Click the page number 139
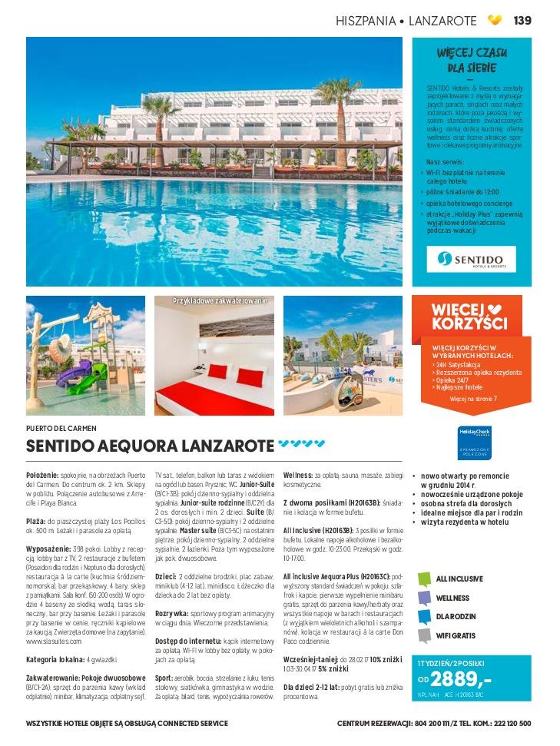(x=522, y=20)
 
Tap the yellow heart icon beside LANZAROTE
(x=495, y=20)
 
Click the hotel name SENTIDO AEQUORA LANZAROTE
(x=150, y=446)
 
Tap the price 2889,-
(x=461, y=678)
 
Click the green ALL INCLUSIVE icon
(x=424, y=579)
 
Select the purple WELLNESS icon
(x=424, y=598)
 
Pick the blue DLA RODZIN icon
(x=424, y=616)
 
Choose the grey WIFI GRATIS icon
(x=424, y=635)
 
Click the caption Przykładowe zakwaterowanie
(x=219, y=300)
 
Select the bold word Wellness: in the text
(x=297, y=475)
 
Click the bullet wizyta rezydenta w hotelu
(x=465, y=522)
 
